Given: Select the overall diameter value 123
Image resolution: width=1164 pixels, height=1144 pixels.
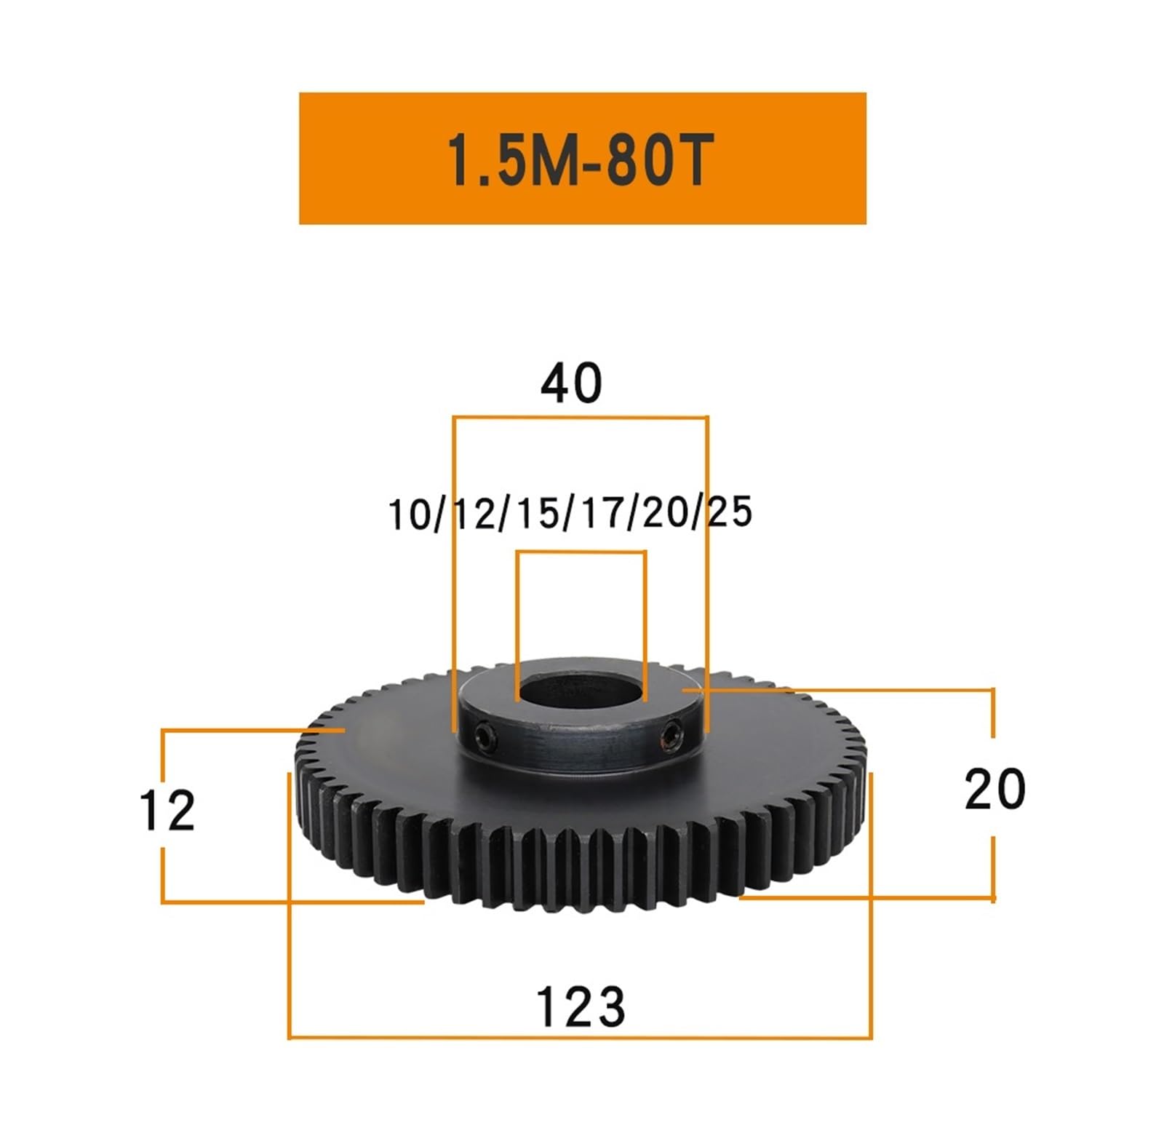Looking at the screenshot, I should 580,1007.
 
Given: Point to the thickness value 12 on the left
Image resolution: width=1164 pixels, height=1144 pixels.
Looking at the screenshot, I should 167,811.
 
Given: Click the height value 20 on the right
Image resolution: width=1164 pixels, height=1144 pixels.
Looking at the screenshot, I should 994,790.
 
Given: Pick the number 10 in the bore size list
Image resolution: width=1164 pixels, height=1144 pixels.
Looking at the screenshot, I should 410,515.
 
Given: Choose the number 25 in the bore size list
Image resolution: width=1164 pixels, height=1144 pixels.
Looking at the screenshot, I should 730,512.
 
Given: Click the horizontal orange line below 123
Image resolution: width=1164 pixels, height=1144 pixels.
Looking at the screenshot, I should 580,1038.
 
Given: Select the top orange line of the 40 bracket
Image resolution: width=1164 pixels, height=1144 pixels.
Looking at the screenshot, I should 580,418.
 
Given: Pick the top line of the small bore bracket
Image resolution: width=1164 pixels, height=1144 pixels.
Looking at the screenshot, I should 581,552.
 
